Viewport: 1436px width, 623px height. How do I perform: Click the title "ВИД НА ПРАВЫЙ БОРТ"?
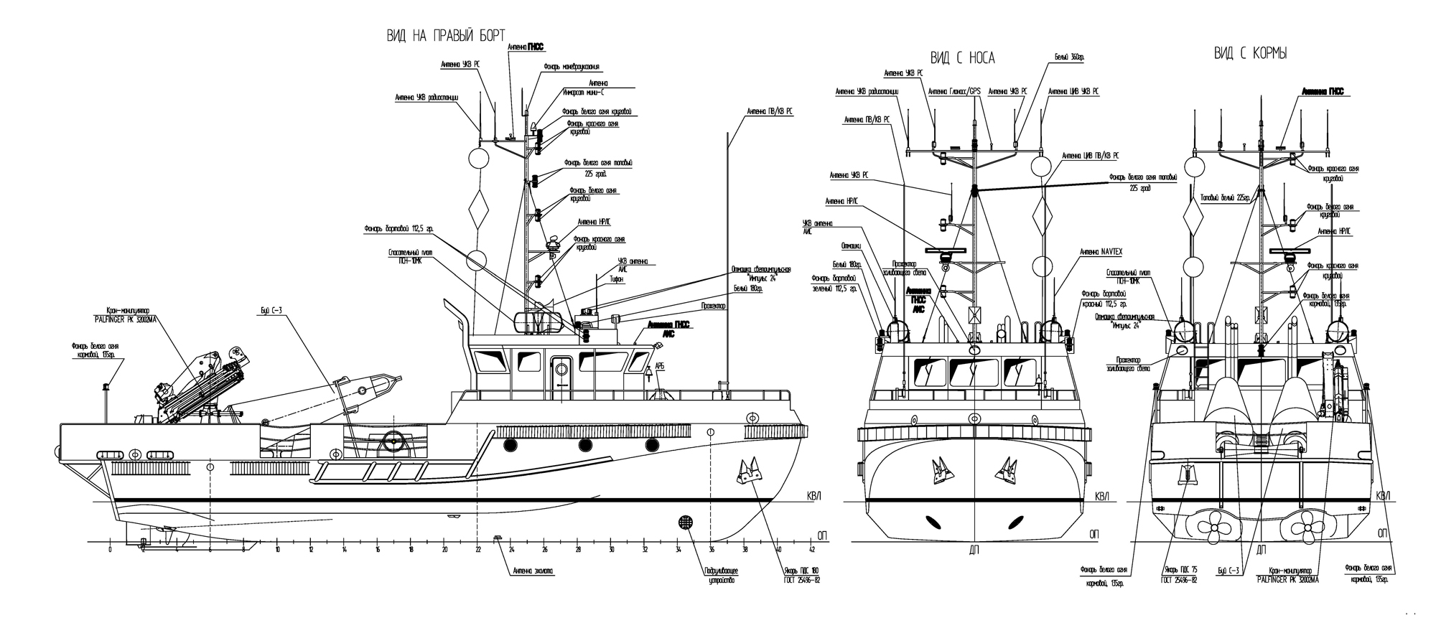pyautogui.click(x=446, y=35)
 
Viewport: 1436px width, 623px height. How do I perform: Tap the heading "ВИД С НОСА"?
pyautogui.click(x=962, y=58)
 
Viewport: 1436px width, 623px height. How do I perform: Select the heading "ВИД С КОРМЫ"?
pyautogui.click(x=1249, y=54)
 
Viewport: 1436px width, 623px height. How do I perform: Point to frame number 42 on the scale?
pyautogui.click(x=811, y=551)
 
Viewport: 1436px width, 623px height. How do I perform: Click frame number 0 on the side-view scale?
pyautogui.click(x=110, y=551)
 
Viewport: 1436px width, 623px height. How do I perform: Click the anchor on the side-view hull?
pyautogui.click(x=747, y=470)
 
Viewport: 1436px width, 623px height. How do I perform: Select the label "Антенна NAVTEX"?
pyautogui.click(x=1101, y=252)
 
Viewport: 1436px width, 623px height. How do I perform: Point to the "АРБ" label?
pyautogui.click(x=660, y=367)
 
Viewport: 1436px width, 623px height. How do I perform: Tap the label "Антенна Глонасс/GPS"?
pyautogui.click(x=954, y=92)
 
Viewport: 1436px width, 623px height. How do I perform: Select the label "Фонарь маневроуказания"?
pyautogui.click(x=571, y=67)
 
